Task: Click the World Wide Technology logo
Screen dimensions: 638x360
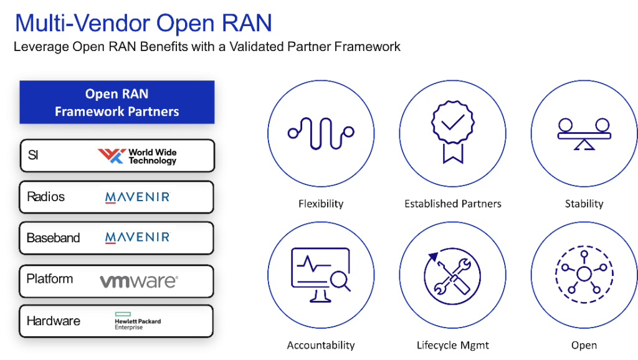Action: (x=137, y=156)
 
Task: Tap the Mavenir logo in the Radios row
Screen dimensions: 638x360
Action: (x=138, y=197)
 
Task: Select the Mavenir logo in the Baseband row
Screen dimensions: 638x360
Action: (x=138, y=237)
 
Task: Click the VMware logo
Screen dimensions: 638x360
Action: (x=139, y=281)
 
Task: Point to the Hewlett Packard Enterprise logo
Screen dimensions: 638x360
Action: (x=138, y=321)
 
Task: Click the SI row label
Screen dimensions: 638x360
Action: (x=33, y=155)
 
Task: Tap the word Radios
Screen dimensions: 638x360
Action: (x=45, y=197)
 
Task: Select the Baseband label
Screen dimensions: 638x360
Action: (x=54, y=237)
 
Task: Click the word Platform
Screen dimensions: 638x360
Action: (x=50, y=279)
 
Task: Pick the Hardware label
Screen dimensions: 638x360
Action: (x=54, y=321)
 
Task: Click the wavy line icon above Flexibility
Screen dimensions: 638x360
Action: (x=321, y=133)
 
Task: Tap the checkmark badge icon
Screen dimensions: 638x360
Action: (x=452, y=132)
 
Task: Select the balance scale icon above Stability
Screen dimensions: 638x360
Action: (x=584, y=134)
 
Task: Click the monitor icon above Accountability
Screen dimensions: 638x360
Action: (x=321, y=275)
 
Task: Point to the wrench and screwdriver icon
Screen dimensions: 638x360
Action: (x=452, y=276)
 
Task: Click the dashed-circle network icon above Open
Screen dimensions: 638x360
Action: (x=584, y=274)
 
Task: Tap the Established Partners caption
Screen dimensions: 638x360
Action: (x=452, y=204)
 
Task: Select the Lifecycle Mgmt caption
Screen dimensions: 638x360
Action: (x=452, y=345)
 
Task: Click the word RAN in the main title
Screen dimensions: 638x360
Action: (x=247, y=23)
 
